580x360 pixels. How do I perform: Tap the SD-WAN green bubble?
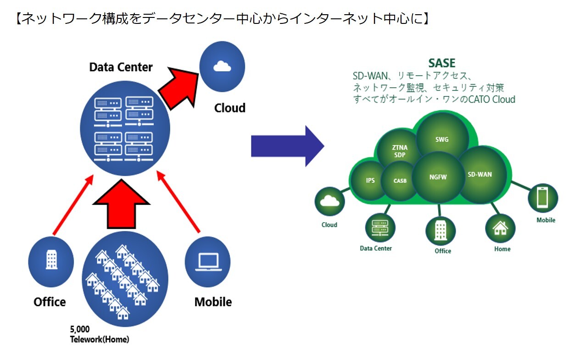pyautogui.click(x=480, y=174)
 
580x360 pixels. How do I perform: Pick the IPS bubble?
pyautogui.click(x=370, y=180)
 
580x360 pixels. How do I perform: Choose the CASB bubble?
pyautogui.click(x=400, y=181)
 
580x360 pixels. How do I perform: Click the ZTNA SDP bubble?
pyautogui.click(x=400, y=151)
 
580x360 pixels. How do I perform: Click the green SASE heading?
pyautogui.click(x=441, y=63)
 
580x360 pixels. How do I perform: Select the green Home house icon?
pyautogui.click(x=500, y=228)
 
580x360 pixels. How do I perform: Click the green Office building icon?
pyautogui.click(x=441, y=231)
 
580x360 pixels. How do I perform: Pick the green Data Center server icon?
pyautogui.click(x=380, y=228)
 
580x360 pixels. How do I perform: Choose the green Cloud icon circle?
pyautogui.click(x=329, y=201)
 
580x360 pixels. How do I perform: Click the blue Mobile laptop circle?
pyautogui.click(x=207, y=262)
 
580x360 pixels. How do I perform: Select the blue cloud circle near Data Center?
pyautogui.click(x=222, y=66)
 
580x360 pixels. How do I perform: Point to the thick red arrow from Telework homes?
pyautogui.click(x=121, y=204)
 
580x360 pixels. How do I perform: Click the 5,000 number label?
pyautogui.click(x=80, y=329)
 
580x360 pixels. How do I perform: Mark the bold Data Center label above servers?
pyautogui.click(x=121, y=67)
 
